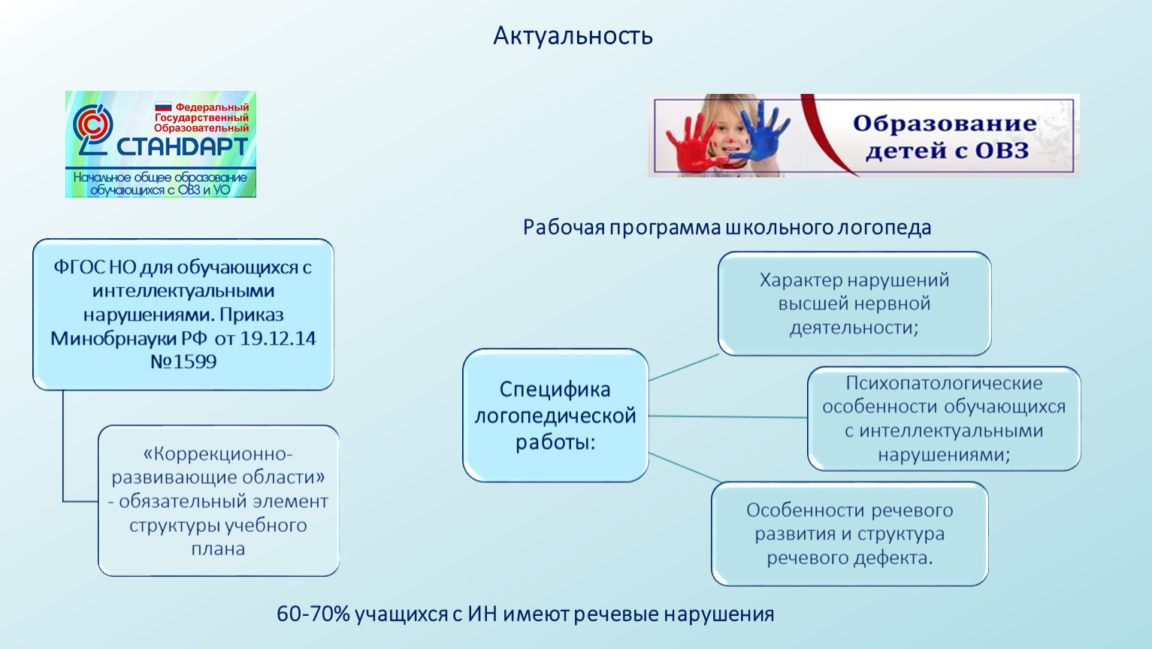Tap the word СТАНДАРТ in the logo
pyautogui.click(x=182, y=147)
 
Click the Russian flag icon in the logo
pyautogui.click(x=163, y=107)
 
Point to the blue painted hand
pyautogui.click(x=762, y=131)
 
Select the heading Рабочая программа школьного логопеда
pyautogui.click(x=727, y=228)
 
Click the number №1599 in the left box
pyautogui.click(x=183, y=361)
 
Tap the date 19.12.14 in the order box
pyautogui.click(x=278, y=338)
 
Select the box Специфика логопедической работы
pyautogui.click(x=555, y=415)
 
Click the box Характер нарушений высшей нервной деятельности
pyautogui.click(x=854, y=303)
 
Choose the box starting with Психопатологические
pyautogui.click(x=944, y=418)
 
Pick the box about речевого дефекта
pyautogui.click(x=850, y=534)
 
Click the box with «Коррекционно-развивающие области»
pyautogui.click(x=219, y=501)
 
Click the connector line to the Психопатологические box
pyautogui.click(x=727, y=417)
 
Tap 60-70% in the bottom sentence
pyautogui.click(x=313, y=614)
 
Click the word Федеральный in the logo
pyautogui.click(x=212, y=107)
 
